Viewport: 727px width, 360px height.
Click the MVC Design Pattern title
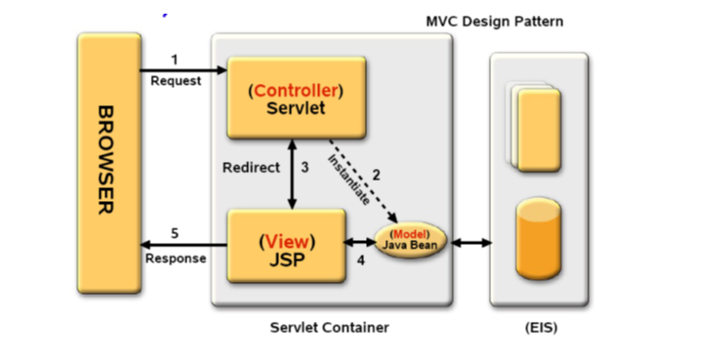click(494, 20)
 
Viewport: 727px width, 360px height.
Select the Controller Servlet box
click(296, 98)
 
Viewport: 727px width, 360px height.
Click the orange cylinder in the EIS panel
click(539, 237)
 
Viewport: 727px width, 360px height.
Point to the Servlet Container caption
click(329, 328)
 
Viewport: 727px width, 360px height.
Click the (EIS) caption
click(541, 328)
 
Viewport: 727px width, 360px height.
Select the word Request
click(176, 81)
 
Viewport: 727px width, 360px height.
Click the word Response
click(176, 259)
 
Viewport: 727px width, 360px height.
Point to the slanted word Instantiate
click(348, 179)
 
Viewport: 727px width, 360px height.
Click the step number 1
click(175, 59)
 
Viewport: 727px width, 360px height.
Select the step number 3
click(304, 168)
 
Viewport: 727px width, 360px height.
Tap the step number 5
click(175, 233)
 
